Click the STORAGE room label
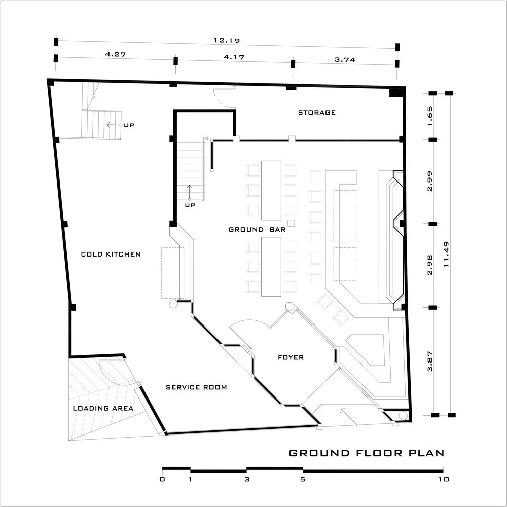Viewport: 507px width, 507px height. click(x=316, y=113)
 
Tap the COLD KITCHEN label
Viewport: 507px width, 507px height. click(x=111, y=254)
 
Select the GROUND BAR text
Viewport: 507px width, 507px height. click(x=257, y=230)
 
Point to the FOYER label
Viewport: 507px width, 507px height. click(x=291, y=357)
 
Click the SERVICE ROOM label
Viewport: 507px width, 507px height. click(x=196, y=387)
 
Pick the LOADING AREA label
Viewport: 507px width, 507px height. click(x=103, y=408)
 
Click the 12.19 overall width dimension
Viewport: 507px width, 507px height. click(x=227, y=41)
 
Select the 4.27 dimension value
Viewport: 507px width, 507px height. click(x=116, y=54)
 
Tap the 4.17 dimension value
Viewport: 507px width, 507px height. click(x=234, y=57)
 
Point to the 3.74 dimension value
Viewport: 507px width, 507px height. click(x=345, y=60)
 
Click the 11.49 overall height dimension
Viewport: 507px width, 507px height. click(x=447, y=254)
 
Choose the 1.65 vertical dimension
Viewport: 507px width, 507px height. click(x=430, y=116)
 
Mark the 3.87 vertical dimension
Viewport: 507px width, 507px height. click(x=430, y=361)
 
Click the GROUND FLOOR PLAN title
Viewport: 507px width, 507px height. click(x=367, y=453)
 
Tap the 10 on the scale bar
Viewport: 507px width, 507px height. click(x=444, y=479)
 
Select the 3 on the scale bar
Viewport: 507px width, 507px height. click(x=247, y=479)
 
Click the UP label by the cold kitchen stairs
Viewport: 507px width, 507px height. click(x=129, y=125)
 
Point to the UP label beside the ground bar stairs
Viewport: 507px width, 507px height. click(x=190, y=205)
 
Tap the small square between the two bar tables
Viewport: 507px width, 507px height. click(x=292, y=223)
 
